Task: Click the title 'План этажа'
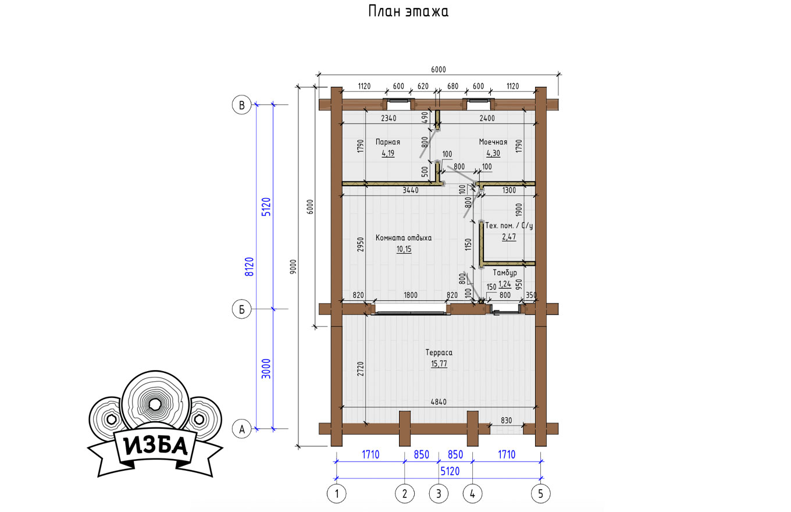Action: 408,11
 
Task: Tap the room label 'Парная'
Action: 388,142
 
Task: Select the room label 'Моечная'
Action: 493,142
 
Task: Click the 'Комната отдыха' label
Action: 404,238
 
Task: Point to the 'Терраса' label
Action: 439,352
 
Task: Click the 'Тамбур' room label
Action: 505,273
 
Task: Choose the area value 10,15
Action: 404,249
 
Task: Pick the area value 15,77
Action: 439,364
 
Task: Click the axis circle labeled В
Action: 241,105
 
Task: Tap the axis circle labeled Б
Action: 241,309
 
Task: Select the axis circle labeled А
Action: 241,429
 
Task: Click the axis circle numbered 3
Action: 439,493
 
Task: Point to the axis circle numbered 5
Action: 541,493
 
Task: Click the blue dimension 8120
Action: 250,267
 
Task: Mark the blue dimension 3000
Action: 266,369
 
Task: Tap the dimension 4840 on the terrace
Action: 439,402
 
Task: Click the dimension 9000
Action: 294,267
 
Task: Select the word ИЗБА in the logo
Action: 156,446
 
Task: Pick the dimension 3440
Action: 411,190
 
